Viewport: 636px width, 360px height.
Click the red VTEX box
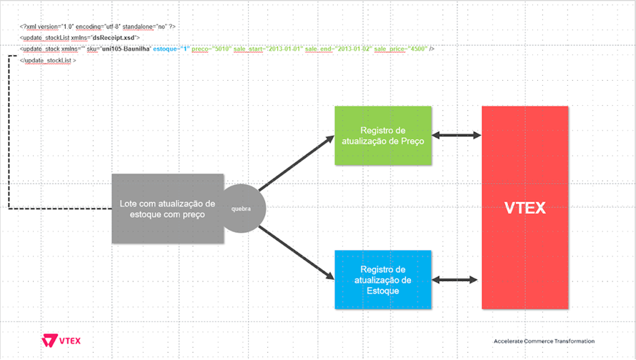click(x=525, y=207)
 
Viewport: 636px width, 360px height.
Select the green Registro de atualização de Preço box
click(x=383, y=136)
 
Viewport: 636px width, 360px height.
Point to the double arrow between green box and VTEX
click(x=457, y=135)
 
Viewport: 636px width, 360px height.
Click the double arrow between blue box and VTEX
click(x=457, y=281)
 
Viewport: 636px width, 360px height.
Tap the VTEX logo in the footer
click(x=61, y=340)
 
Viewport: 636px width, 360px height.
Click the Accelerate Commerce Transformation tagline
click(x=543, y=341)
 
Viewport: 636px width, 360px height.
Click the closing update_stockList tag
click(x=49, y=61)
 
